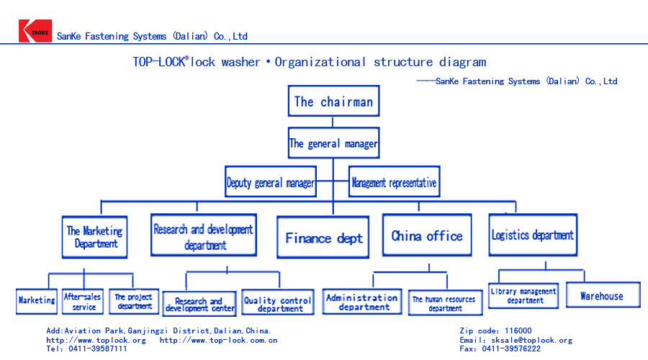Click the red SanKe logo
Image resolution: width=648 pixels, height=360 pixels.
click(35, 31)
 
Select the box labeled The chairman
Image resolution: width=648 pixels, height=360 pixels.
click(333, 102)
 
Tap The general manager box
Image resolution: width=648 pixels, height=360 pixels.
click(333, 143)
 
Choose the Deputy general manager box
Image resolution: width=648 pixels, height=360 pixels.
click(270, 183)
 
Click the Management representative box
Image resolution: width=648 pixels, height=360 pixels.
click(394, 183)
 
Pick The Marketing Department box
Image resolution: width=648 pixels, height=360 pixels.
click(94, 237)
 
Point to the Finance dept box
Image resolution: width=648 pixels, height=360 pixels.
click(324, 238)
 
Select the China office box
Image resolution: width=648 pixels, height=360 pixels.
click(427, 236)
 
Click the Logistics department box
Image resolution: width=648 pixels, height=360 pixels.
click(533, 235)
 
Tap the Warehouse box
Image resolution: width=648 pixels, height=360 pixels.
click(601, 296)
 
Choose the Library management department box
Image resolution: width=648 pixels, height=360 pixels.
click(523, 296)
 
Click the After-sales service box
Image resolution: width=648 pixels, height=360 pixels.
click(84, 301)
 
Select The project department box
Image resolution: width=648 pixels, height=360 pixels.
click(134, 301)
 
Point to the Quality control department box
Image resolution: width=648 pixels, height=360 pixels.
click(277, 304)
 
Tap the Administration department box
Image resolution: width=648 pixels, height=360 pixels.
click(362, 302)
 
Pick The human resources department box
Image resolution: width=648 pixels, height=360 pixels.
click(444, 303)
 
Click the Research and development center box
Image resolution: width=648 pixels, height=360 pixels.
click(200, 305)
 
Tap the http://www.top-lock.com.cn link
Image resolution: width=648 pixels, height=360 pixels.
click(218, 340)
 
